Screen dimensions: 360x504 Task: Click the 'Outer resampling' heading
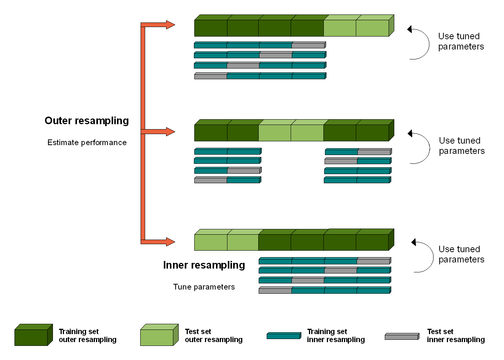tap(86, 121)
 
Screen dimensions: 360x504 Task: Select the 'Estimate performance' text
tap(87, 142)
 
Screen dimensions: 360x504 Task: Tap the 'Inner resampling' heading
tap(204, 265)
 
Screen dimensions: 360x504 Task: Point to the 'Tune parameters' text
tap(204, 287)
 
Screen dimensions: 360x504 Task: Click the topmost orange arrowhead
tap(170, 25)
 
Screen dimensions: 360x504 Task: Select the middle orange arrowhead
tap(170, 132)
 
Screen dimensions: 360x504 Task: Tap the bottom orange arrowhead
tap(170, 242)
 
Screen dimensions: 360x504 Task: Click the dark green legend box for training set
tap(31, 337)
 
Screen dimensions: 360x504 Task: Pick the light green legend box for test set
tap(157, 337)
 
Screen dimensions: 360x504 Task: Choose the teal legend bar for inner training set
tap(283, 336)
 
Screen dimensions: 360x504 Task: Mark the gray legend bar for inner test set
tap(402, 337)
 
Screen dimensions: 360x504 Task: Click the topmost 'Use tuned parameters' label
tap(461, 42)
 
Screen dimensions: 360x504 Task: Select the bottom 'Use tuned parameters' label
tap(461, 254)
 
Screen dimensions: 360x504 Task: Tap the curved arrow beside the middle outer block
tap(420, 148)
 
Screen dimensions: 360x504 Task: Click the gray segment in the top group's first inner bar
tap(308, 46)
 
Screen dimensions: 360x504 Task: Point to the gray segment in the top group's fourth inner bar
tap(210, 77)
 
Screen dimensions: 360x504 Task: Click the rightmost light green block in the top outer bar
tap(372, 28)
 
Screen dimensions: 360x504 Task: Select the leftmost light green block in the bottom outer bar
tap(211, 242)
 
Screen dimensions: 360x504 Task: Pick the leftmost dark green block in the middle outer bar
tap(211, 133)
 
